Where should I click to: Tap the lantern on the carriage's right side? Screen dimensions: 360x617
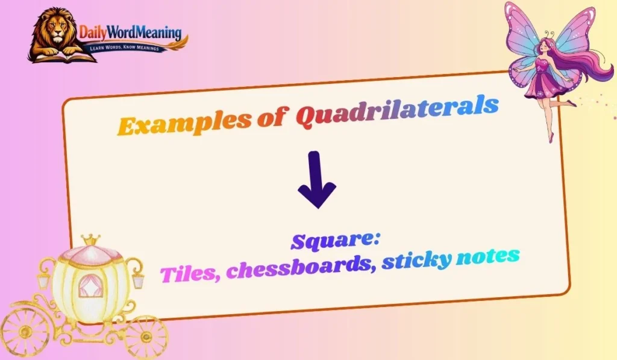pos(138,279)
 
